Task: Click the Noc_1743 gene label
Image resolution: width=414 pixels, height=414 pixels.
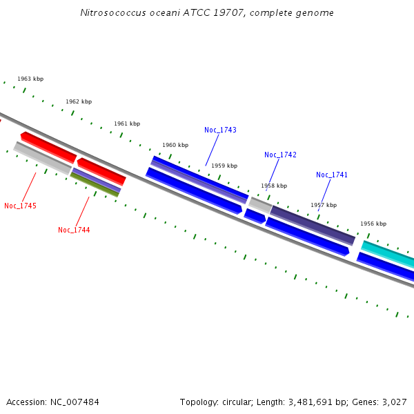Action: (220, 130)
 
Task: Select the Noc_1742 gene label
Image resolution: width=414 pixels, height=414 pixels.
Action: (280, 155)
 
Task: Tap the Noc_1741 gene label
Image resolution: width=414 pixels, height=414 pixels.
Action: (332, 175)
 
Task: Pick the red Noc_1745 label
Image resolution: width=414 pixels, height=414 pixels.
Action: (20, 206)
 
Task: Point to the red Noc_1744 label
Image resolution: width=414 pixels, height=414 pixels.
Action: (74, 230)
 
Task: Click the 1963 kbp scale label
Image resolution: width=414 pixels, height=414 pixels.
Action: (30, 79)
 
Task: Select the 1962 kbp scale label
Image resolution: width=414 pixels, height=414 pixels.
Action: (79, 101)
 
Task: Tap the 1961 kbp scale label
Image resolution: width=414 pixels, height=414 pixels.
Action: (127, 124)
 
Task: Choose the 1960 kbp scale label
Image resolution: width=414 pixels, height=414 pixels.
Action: (175, 145)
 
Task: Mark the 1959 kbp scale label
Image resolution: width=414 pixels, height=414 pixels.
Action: (224, 166)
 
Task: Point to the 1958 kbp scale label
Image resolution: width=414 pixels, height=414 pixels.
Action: (274, 186)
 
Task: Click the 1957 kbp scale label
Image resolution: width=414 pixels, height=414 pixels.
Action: (324, 205)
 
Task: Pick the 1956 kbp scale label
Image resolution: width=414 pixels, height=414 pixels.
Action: (373, 224)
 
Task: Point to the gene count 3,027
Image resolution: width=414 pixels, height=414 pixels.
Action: (393, 402)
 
